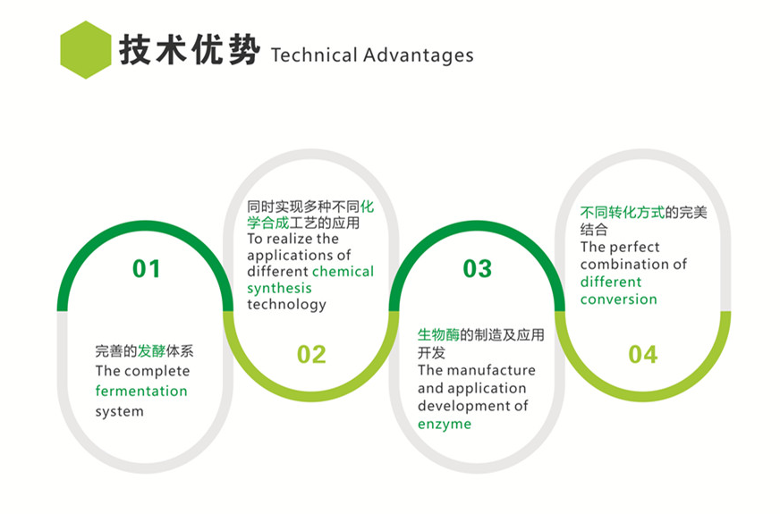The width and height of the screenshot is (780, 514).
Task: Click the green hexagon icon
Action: [x=86, y=50]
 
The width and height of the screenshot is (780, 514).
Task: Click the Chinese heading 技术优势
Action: [x=190, y=50]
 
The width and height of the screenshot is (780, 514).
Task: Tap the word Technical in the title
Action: [x=314, y=55]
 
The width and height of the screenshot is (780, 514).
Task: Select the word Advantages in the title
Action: [x=419, y=55]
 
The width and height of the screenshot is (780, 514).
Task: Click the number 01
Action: [x=147, y=269]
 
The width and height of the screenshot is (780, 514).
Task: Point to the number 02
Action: [x=311, y=354]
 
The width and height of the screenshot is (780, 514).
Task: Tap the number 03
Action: [x=477, y=269]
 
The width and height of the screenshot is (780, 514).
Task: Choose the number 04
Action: [x=643, y=354]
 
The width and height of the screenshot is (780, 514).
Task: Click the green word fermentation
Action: [x=141, y=391]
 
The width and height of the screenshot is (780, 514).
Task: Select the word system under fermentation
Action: [x=119, y=411]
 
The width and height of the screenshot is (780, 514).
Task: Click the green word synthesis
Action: [x=279, y=289]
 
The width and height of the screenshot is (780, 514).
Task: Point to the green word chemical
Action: [x=343, y=272]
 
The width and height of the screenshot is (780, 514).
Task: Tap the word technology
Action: [x=286, y=304]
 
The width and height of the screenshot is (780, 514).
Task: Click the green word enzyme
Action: [x=445, y=424]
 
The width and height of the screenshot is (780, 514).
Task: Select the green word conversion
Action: [x=618, y=299]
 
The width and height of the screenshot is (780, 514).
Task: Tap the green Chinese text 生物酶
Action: [x=438, y=335]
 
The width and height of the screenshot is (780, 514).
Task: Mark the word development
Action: [x=466, y=406]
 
